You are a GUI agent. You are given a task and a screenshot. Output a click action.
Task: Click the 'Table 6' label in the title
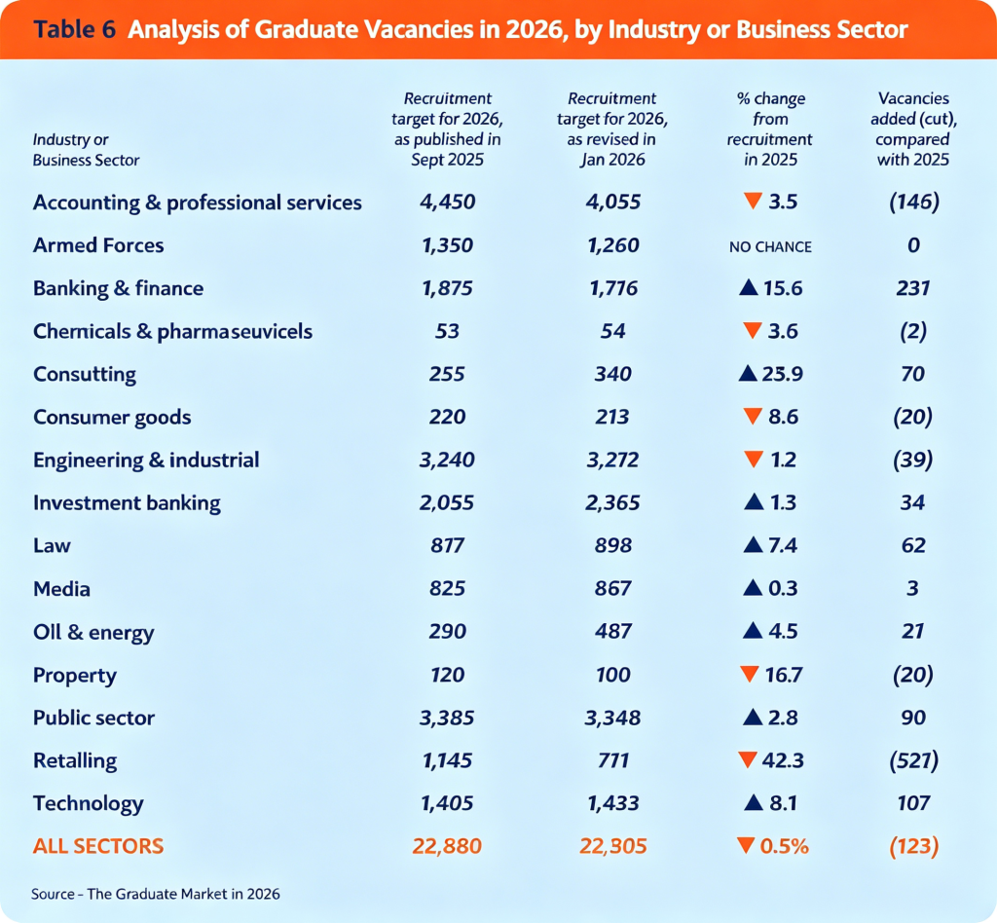pyautogui.click(x=73, y=29)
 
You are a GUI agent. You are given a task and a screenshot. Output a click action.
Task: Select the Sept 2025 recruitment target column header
pyautogui.click(x=448, y=129)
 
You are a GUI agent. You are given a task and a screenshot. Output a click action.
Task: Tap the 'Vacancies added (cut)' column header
pyautogui.click(x=913, y=129)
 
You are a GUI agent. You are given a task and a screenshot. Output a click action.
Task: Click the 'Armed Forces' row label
pyautogui.click(x=98, y=245)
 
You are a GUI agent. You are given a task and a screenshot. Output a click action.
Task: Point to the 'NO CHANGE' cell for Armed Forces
pyautogui.click(x=769, y=246)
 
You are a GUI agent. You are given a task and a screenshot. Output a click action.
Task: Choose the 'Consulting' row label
pyautogui.click(x=85, y=374)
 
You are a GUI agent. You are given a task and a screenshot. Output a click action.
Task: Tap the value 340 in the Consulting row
pyautogui.click(x=611, y=374)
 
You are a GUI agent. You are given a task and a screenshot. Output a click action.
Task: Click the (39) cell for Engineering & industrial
pyautogui.click(x=913, y=460)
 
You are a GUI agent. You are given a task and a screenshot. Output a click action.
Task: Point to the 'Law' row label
pyautogui.click(x=52, y=545)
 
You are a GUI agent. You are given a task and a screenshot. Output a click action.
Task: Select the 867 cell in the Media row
pyautogui.click(x=611, y=589)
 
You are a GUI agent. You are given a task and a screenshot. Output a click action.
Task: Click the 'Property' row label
pyautogui.click(x=75, y=675)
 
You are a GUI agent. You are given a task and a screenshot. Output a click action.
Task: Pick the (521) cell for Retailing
pyautogui.click(x=913, y=760)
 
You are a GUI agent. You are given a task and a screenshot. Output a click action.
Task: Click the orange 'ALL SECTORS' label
pyautogui.click(x=98, y=846)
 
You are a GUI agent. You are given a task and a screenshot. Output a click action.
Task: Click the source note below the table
pyautogui.click(x=156, y=892)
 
